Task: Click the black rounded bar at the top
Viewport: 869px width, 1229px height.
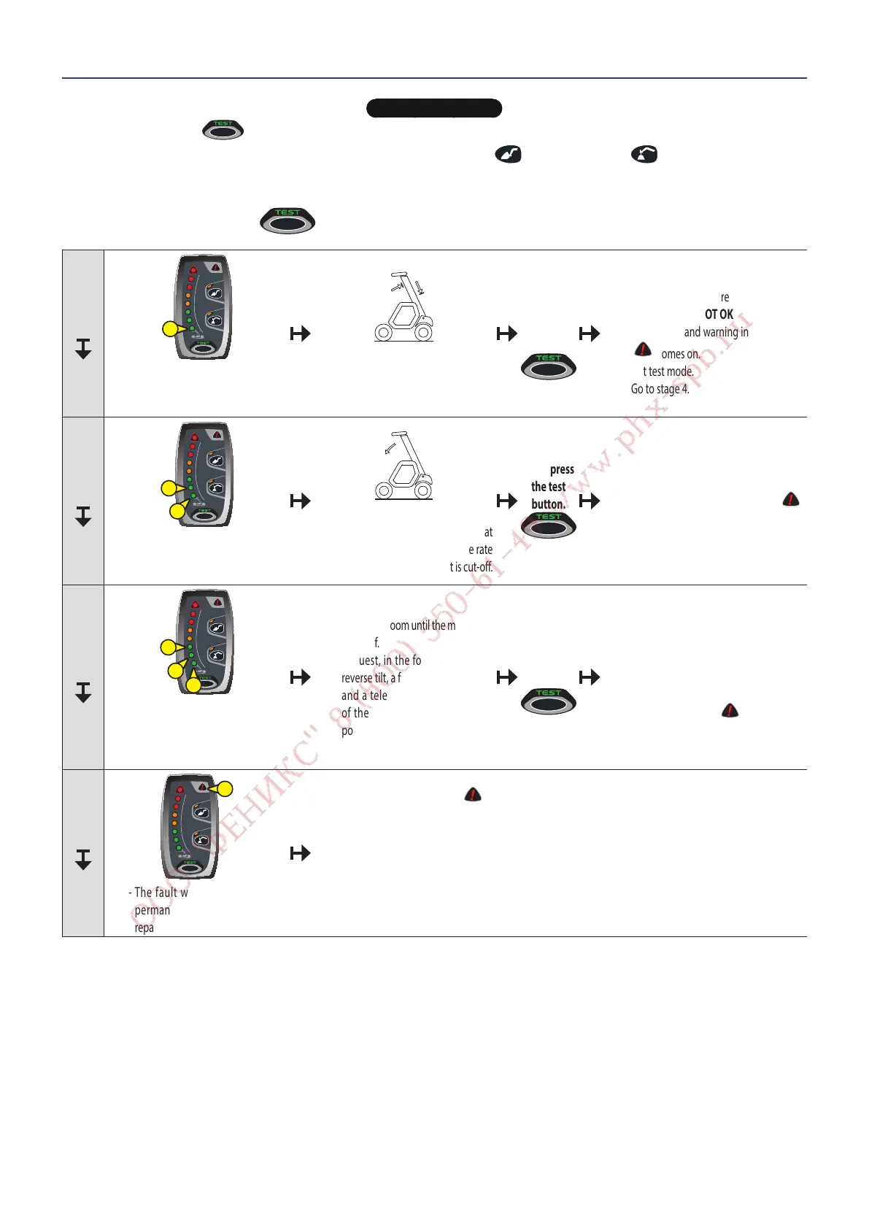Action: (x=433, y=109)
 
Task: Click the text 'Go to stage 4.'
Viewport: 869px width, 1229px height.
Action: (x=660, y=389)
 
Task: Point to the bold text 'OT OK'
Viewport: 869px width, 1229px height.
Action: (x=719, y=315)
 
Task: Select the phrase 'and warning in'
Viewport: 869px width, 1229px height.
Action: (x=716, y=332)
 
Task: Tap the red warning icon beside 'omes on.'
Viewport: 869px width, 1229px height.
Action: (x=642, y=350)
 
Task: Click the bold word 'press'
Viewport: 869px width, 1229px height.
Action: (x=562, y=469)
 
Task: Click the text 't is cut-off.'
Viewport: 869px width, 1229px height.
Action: (x=471, y=567)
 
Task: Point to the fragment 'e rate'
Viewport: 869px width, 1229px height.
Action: (x=480, y=550)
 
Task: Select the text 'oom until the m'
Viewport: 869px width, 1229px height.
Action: (x=422, y=625)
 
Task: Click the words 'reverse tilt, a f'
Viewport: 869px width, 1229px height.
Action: (x=371, y=678)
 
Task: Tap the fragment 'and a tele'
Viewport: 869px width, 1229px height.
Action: (x=364, y=696)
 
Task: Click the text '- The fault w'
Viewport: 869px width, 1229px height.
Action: (x=158, y=893)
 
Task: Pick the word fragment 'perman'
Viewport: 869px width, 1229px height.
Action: (x=152, y=910)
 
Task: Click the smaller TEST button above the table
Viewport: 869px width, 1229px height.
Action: (x=223, y=129)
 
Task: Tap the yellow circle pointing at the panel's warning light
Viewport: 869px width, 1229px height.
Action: (x=225, y=789)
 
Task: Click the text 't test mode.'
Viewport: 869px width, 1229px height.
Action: (x=668, y=371)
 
